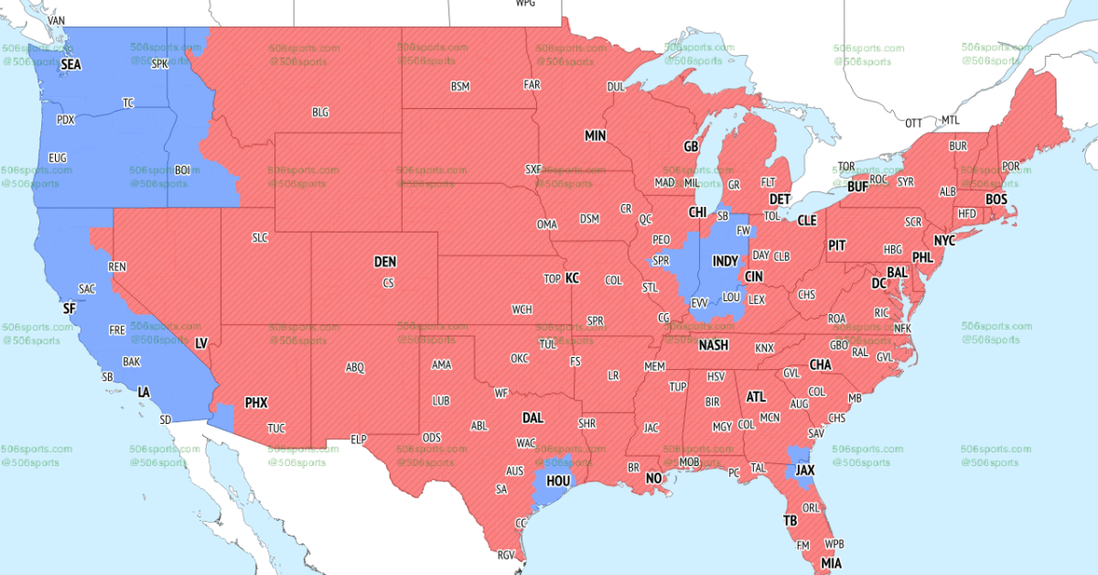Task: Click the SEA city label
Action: tap(70, 65)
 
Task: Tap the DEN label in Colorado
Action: tap(385, 262)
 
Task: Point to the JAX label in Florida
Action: tap(804, 471)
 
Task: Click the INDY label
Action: tap(725, 262)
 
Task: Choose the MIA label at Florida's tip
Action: tap(831, 562)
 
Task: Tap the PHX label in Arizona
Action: tap(255, 402)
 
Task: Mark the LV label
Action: tap(201, 343)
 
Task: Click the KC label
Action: tap(572, 277)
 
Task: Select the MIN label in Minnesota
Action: tap(596, 136)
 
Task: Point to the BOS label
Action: tap(996, 199)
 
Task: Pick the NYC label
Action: tap(944, 240)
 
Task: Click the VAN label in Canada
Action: tap(56, 20)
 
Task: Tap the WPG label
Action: tap(525, 4)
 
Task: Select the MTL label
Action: tap(951, 120)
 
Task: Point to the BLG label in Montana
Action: tap(320, 113)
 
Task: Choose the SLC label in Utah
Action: tap(260, 237)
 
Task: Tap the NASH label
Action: tap(714, 345)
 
